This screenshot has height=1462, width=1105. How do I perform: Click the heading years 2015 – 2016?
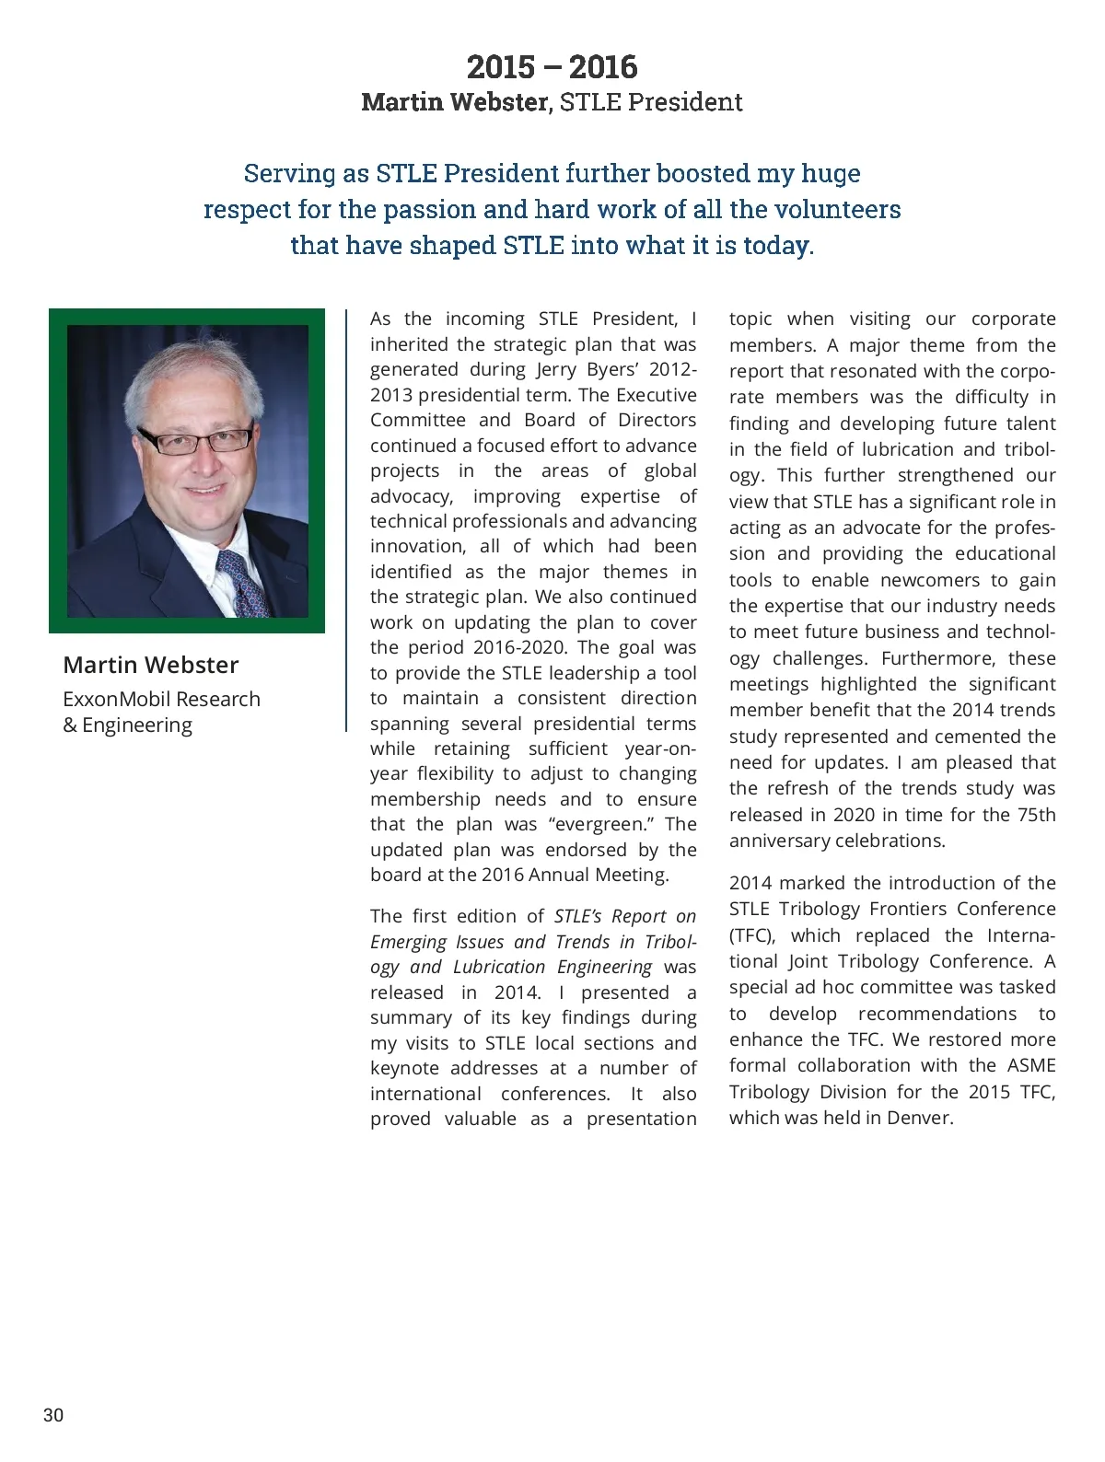pyautogui.click(x=552, y=67)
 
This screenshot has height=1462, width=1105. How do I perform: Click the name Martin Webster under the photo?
pyautogui.click(x=151, y=665)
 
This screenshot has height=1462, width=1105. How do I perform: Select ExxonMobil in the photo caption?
pyautogui.click(x=117, y=699)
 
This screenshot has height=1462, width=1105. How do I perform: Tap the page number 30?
pyautogui.click(x=53, y=1415)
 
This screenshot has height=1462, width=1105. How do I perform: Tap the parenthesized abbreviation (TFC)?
pyautogui.click(x=753, y=935)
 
